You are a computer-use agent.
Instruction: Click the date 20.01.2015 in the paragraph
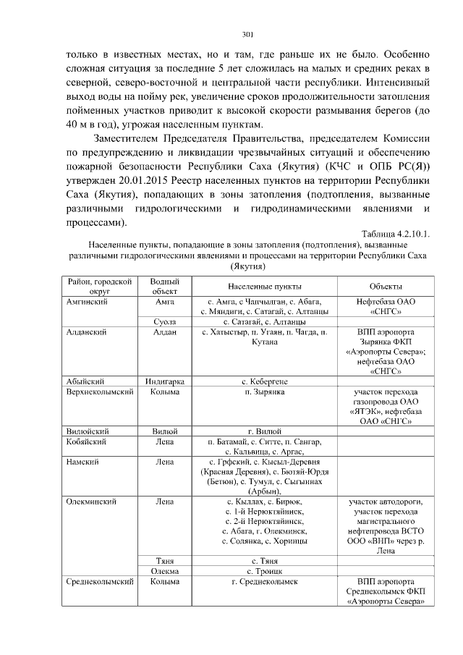(146, 179)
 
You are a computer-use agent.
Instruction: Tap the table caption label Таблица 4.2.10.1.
(395, 234)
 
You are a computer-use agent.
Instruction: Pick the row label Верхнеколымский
(99, 392)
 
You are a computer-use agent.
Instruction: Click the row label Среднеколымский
(98, 581)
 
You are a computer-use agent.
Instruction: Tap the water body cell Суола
(164, 321)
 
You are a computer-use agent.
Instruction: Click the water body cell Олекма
(164, 571)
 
